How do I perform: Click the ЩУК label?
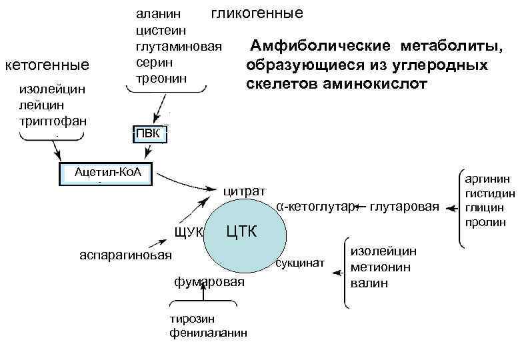[187, 232]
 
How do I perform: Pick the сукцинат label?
[299, 264]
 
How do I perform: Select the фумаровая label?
[209, 282]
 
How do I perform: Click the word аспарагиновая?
[125, 255]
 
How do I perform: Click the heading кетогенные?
[47, 65]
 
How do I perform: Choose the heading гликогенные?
[257, 13]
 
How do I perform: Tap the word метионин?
[381, 267]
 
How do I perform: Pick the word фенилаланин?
[209, 332]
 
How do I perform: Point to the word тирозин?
[191, 319]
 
